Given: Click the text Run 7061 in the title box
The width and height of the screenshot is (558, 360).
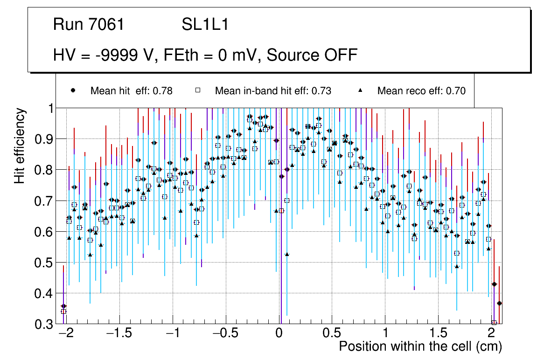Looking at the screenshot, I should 89,25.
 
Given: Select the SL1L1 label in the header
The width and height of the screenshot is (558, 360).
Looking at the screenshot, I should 205,25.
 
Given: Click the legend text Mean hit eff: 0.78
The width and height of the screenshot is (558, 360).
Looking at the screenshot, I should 131,91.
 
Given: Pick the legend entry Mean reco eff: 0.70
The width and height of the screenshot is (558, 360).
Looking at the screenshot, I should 421,91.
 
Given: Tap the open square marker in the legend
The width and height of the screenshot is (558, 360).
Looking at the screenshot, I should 198,90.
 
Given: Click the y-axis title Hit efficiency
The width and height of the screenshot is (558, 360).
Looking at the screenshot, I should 20,145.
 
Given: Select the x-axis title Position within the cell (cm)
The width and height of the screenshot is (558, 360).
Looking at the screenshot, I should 420,347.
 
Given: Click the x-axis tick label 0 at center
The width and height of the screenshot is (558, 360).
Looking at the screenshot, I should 279,334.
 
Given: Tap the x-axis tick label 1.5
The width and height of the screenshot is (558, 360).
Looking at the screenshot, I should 438,334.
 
